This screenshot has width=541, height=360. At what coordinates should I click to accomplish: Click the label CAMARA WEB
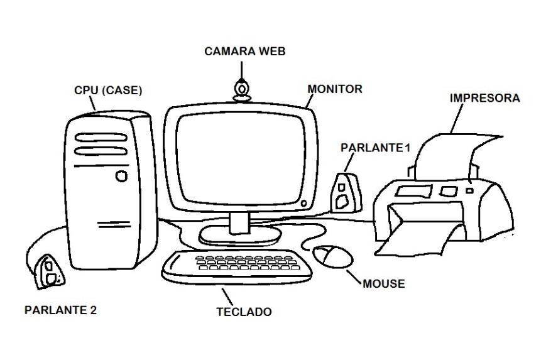[245, 52]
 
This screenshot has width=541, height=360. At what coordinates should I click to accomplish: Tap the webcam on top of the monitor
[241, 89]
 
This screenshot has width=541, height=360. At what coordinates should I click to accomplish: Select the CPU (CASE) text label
[109, 90]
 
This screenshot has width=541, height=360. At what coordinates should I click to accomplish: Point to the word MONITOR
[335, 89]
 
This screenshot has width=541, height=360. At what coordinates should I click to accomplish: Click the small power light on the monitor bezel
[305, 203]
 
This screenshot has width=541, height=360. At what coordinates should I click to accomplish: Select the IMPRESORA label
[484, 98]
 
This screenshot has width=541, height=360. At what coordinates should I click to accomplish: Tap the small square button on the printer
[469, 187]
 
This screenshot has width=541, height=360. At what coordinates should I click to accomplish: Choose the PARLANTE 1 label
[374, 148]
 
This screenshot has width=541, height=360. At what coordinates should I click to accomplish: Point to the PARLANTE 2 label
[60, 309]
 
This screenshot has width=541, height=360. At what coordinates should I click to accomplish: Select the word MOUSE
[384, 284]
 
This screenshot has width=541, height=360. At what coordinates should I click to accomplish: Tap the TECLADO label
[244, 312]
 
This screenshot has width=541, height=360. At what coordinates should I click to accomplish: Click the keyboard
[238, 267]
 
